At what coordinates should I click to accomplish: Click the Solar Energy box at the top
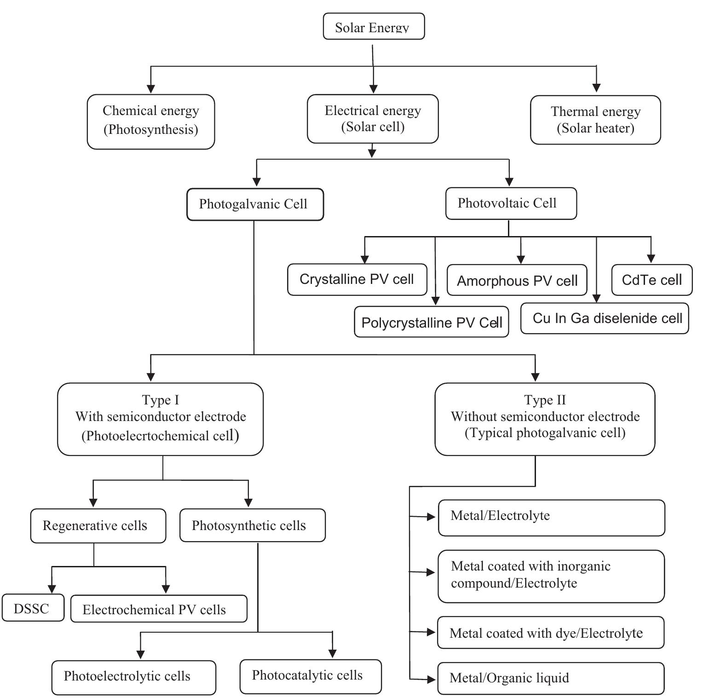(373, 27)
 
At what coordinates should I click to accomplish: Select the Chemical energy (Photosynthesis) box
(150, 121)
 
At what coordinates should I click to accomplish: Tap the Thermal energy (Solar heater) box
(595, 120)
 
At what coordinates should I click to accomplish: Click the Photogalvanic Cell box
(254, 204)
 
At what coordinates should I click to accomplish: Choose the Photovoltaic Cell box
(510, 203)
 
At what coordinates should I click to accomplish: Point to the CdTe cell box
(651, 280)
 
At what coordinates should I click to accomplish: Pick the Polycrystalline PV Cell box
(431, 322)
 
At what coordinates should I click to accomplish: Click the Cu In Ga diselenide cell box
(604, 318)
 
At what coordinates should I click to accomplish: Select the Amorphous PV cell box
(517, 280)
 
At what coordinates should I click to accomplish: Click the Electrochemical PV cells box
(158, 609)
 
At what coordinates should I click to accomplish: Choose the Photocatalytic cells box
(310, 676)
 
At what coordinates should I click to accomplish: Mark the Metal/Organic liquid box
(550, 678)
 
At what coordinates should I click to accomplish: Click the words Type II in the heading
(545, 400)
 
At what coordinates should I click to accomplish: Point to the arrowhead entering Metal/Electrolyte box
(431, 517)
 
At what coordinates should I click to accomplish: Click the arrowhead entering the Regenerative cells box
(93, 502)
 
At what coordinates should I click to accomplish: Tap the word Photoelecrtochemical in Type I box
(148, 436)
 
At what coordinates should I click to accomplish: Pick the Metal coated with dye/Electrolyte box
(550, 633)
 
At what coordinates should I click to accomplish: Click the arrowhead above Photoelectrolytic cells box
(141, 654)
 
